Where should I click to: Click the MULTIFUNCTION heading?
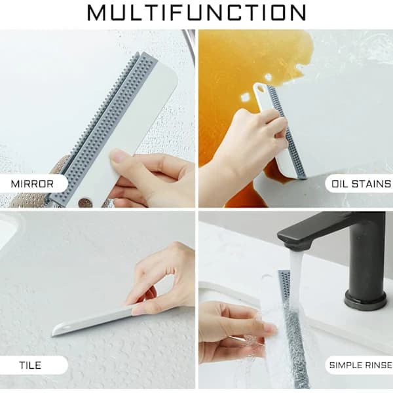click(x=196, y=12)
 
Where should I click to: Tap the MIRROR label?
click(x=32, y=184)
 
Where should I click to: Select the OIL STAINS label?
click(x=361, y=184)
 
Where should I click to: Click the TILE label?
click(x=30, y=365)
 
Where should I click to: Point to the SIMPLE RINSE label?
click(x=360, y=365)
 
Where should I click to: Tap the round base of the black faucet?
click(x=365, y=299)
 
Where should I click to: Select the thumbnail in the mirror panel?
click(x=119, y=155)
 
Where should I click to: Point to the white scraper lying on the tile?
click(x=93, y=322)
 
